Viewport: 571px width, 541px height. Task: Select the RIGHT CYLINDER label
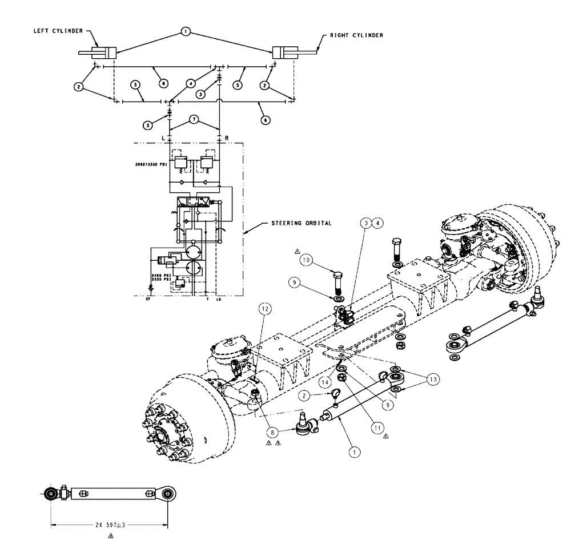tap(356, 35)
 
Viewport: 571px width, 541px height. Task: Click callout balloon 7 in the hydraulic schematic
tap(195, 120)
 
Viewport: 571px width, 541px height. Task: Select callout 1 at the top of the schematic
tap(185, 33)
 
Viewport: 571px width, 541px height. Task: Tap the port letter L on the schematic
tap(164, 139)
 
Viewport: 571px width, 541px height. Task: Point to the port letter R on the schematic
tap(227, 139)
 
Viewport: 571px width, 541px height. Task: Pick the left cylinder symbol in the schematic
tap(98, 53)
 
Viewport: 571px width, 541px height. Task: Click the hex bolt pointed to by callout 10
tap(337, 282)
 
